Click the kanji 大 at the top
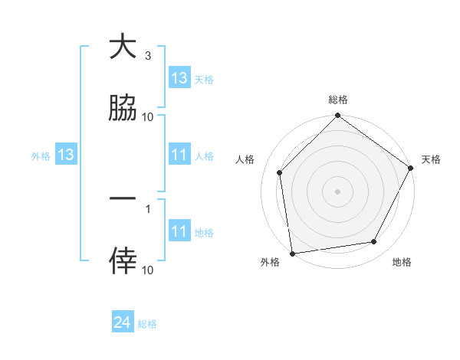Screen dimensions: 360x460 pos(123,47)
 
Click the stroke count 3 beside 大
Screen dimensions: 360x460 pos(147,56)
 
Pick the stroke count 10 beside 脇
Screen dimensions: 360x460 pos(147,116)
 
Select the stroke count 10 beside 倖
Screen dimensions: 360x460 pos(147,270)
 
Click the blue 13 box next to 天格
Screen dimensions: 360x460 pos(179,78)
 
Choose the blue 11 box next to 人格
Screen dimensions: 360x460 pos(179,155)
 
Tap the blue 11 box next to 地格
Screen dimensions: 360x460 pos(179,231)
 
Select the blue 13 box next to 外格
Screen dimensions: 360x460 pos(66,155)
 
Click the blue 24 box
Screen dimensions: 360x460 pos(123,323)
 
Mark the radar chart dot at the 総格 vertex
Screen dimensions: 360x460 pos(337,116)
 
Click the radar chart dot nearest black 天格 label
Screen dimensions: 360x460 pos(410,168)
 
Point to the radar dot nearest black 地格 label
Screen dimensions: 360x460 pos(374,241)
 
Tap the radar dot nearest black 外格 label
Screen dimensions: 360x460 pos(292,252)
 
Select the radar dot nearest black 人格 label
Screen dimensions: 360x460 pos(280,172)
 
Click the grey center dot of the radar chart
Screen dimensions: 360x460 pos(337,191)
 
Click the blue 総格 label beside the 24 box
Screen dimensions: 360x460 pos(147,324)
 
